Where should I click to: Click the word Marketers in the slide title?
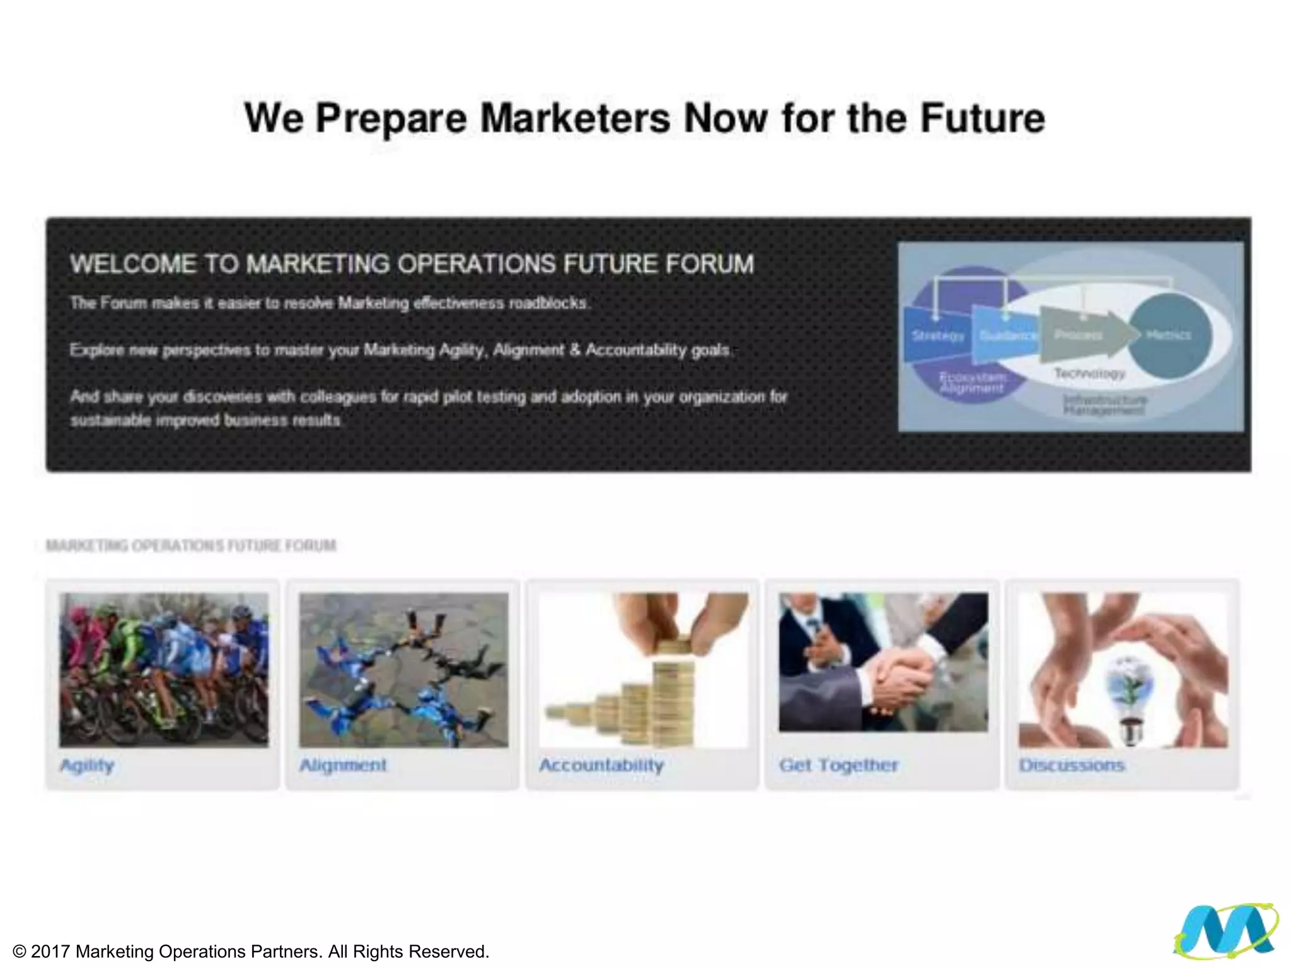(575, 118)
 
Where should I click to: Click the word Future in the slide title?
(982, 118)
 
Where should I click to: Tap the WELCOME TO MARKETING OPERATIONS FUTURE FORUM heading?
(412, 264)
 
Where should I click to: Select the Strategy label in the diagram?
(937, 336)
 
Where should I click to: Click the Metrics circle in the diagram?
(1169, 335)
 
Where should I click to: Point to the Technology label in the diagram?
(1089, 373)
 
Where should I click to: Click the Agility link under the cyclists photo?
(87, 765)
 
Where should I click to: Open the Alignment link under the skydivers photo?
(343, 765)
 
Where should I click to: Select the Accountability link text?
(601, 765)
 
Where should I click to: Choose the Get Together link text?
(838, 765)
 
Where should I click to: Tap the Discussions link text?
(1072, 765)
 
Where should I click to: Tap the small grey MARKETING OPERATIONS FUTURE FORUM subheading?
(191, 545)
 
